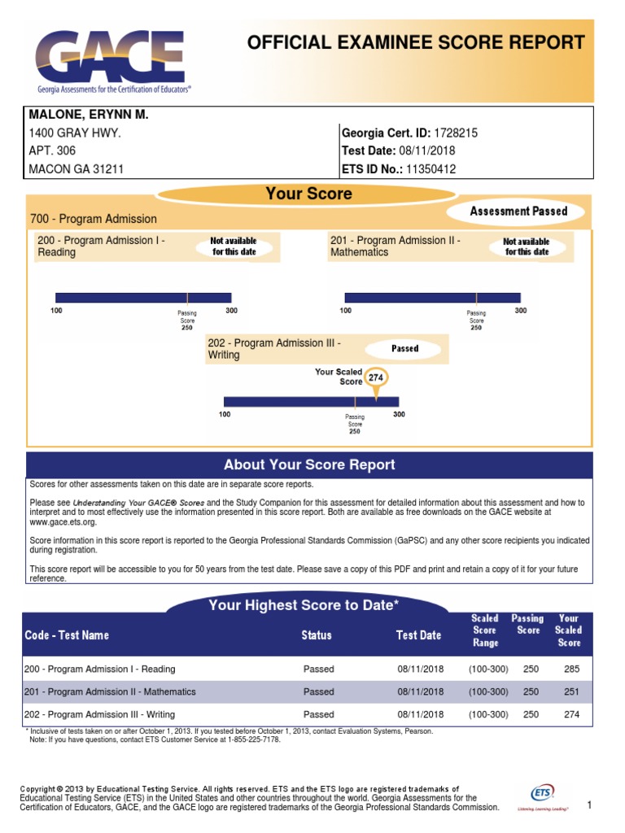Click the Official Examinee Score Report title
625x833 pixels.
416,43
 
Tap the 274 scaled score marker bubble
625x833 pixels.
375,378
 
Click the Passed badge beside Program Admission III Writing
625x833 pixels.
404,348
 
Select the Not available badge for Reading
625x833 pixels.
234,246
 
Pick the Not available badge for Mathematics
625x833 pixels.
527,246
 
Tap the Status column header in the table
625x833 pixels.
317,635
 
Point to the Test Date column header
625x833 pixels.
418,635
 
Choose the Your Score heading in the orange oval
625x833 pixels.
308,194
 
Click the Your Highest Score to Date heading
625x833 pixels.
304,605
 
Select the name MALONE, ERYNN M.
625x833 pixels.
89,116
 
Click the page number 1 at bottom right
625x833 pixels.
588,805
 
